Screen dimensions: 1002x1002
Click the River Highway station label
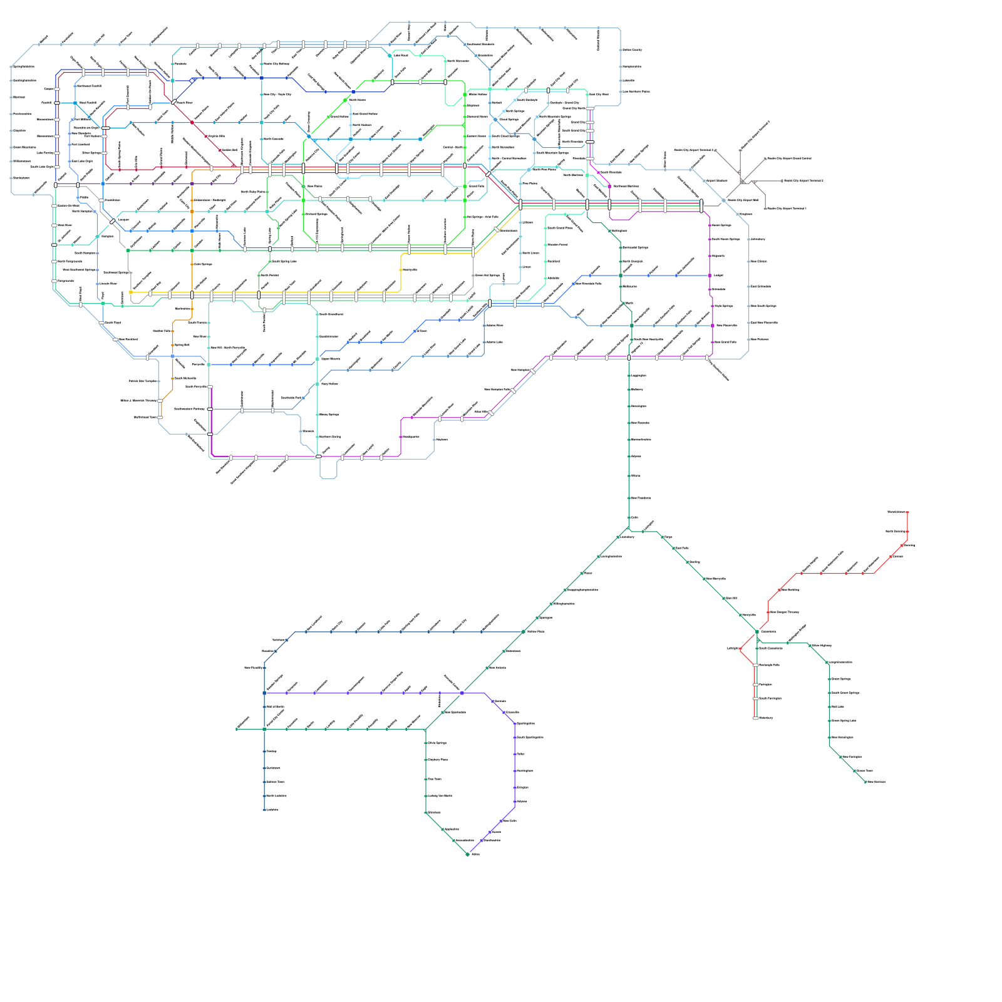pos(822,646)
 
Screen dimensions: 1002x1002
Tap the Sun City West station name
pos(598,95)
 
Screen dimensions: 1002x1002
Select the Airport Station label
pos(716,180)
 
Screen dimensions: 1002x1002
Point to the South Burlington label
pos(770,698)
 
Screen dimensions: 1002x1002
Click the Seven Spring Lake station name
pos(844,721)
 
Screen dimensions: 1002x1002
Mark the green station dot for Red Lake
pos(829,706)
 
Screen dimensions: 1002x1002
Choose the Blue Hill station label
pos(731,599)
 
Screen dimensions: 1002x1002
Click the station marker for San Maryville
pos(704,579)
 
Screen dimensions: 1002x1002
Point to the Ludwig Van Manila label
pos(440,796)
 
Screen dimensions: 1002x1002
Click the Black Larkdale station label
pos(276,796)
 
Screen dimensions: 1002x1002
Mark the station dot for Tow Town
pos(426,780)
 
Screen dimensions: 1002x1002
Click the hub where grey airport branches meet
pos(743,182)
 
